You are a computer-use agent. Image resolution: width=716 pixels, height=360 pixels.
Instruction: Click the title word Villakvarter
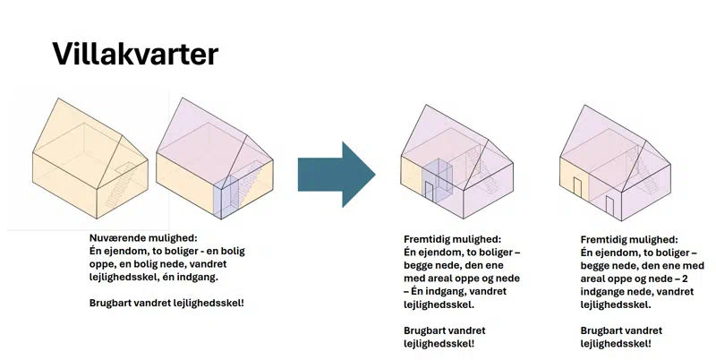(x=135, y=55)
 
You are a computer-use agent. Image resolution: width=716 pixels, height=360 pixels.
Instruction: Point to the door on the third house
(x=430, y=193)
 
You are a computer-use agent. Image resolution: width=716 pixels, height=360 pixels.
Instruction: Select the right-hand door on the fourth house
(x=609, y=205)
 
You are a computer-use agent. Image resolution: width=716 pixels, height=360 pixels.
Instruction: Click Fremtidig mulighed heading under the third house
(x=453, y=239)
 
